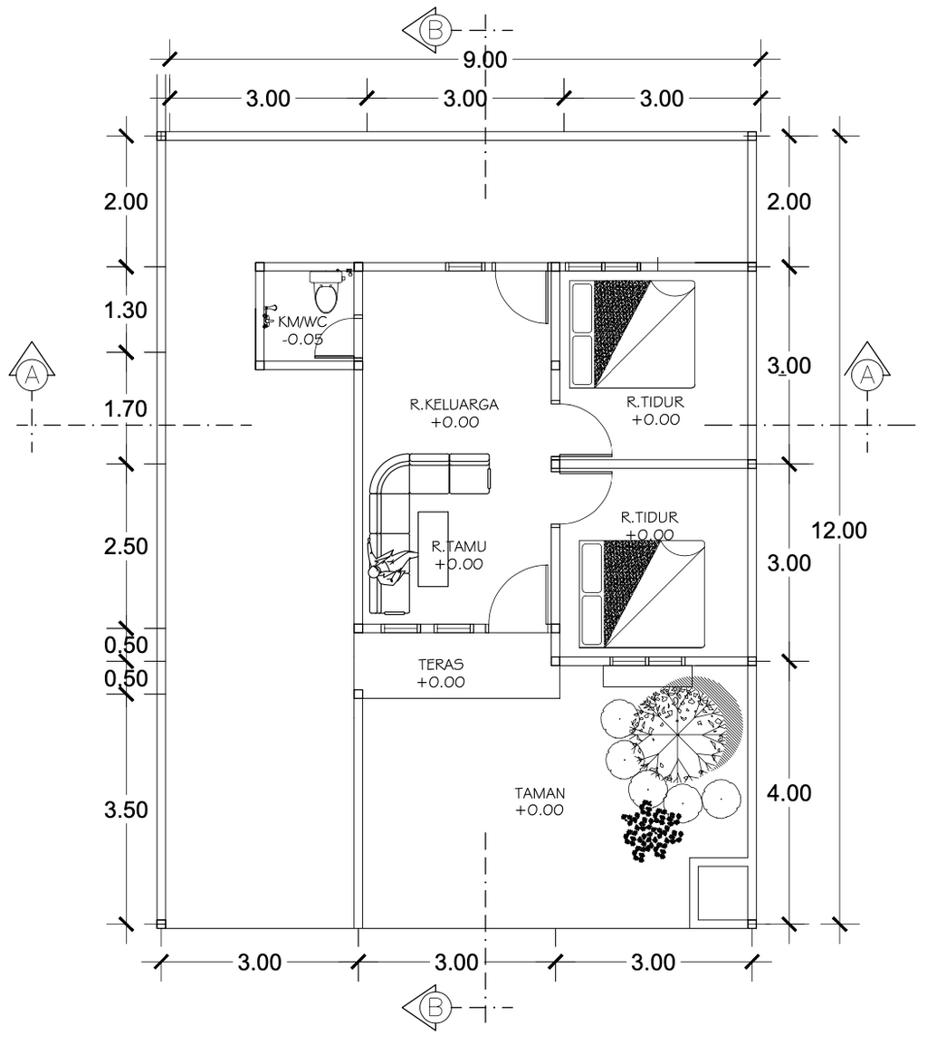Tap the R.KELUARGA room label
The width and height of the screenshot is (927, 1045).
tap(454, 404)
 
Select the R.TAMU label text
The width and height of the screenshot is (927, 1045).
tap(458, 546)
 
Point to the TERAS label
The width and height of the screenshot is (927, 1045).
tap(441, 665)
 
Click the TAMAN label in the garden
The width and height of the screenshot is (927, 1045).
tap(540, 793)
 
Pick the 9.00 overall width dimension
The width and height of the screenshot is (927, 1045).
tap(485, 60)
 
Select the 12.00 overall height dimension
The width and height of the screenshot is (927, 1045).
tap(839, 531)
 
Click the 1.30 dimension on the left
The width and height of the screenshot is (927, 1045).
tap(125, 310)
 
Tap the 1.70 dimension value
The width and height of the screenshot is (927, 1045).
tap(125, 408)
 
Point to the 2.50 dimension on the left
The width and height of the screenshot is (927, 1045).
tap(125, 546)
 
